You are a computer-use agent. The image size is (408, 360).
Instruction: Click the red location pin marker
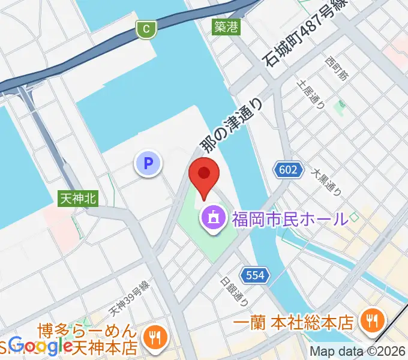tap(204, 175)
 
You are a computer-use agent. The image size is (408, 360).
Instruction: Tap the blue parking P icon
tap(148, 162)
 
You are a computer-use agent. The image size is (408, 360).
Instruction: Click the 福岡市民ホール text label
tap(290, 217)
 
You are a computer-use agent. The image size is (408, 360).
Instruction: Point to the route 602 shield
tap(288, 170)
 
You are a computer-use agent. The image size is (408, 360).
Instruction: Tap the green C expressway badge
tap(146, 28)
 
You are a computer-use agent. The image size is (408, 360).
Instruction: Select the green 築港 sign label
tap(226, 27)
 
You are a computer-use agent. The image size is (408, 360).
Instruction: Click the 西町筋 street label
tap(337, 70)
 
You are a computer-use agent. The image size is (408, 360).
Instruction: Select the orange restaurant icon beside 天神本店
tap(155, 338)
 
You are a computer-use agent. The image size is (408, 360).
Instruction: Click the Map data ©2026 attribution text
tap(358, 352)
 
